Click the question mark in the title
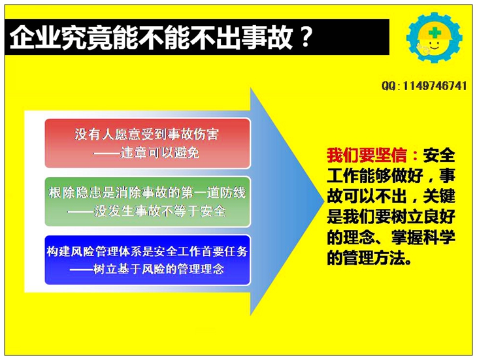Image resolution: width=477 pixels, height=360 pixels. (304, 38)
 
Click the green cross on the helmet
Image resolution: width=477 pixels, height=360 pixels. (435, 33)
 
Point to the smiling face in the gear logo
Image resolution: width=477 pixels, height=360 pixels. (434, 46)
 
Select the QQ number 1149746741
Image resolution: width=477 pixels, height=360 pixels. (435, 86)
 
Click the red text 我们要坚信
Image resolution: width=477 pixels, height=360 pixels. (367, 155)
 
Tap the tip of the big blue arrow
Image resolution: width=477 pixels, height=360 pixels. (323, 201)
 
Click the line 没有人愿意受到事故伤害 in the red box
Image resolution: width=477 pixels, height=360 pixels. (147, 134)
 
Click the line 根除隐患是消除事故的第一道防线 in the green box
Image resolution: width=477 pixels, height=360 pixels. (147, 193)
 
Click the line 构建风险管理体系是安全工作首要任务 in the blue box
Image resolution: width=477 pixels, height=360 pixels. (147, 252)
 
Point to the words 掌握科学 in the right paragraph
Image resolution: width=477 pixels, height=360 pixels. (423, 237)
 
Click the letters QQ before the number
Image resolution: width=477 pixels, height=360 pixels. (389, 86)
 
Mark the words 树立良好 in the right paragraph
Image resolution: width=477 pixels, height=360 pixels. (423, 217)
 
